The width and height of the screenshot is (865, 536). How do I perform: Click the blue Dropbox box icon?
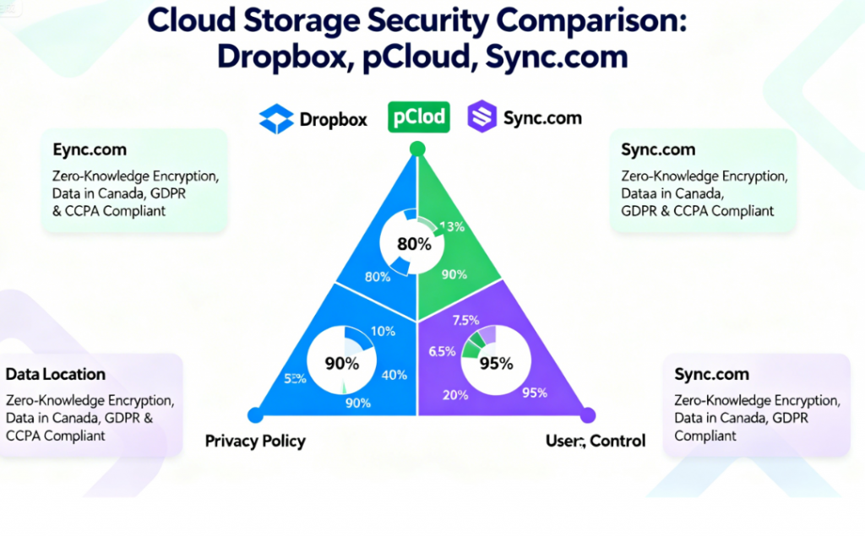pyautogui.click(x=276, y=119)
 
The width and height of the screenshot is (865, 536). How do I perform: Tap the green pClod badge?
pyautogui.click(x=417, y=116)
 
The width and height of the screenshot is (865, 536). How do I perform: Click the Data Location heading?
pyautogui.click(x=56, y=374)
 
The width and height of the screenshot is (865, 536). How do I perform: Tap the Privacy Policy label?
pyautogui.click(x=255, y=441)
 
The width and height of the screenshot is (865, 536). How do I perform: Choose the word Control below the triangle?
pyautogui.click(x=617, y=441)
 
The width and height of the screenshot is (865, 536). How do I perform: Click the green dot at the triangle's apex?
pyautogui.click(x=416, y=149)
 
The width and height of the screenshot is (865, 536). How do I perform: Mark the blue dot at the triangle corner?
pyautogui.click(x=253, y=414)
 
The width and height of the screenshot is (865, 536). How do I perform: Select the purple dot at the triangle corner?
pyautogui.click(x=589, y=414)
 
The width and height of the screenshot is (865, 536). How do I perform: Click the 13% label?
pyautogui.click(x=453, y=226)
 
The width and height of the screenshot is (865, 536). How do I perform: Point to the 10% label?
pyautogui.click(x=383, y=331)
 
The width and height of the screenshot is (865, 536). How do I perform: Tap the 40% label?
pyautogui.click(x=394, y=376)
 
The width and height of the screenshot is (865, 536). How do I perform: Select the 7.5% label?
pyautogui.click(x=467, y=321)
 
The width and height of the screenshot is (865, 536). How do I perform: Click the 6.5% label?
pyautogui.click(x=442, y=352)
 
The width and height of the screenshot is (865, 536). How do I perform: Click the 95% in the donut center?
pyautogui.click(x=496, y=364)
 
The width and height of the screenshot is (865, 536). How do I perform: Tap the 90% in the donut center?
pyautogui.click(x=342, y=364)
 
